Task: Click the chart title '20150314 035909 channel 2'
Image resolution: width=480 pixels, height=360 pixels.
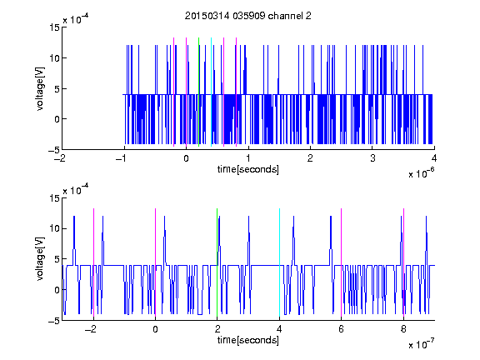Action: click(248, 16)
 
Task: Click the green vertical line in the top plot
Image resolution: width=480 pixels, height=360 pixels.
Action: click(198, 92)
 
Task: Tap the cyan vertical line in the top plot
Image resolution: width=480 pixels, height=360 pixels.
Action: click(211, 92)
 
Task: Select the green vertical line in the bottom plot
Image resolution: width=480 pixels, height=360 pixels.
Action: click(217, 262)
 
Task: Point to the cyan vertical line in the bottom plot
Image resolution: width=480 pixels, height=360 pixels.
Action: click(279, 262)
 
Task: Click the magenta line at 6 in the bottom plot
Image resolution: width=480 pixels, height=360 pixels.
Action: click(342, 262)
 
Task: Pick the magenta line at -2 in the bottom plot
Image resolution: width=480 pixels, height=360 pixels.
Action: click(93, 262)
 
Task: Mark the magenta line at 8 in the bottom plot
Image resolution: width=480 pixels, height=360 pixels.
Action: click(404, 262)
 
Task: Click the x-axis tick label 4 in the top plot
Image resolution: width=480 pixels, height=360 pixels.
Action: click(434, 158)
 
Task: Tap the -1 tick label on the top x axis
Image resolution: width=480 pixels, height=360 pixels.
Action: click(122, 158)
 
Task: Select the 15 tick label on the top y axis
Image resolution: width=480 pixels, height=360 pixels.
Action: click(54, 27)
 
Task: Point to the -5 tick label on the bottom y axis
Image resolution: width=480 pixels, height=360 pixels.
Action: click(54, 321)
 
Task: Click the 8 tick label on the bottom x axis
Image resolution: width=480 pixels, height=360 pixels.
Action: click(403, 329)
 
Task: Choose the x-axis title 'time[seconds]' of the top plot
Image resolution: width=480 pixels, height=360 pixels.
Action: click(248, 169)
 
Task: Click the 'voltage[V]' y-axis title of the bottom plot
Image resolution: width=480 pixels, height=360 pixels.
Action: click(40, 259)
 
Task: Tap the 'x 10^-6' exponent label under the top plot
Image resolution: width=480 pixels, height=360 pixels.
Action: click(421, 172)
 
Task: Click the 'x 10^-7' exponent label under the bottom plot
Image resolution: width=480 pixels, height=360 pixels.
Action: click(421, 343)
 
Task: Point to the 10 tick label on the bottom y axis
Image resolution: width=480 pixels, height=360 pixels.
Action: click(54, 228)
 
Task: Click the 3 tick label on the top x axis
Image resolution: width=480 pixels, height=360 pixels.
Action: click(372, 158)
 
